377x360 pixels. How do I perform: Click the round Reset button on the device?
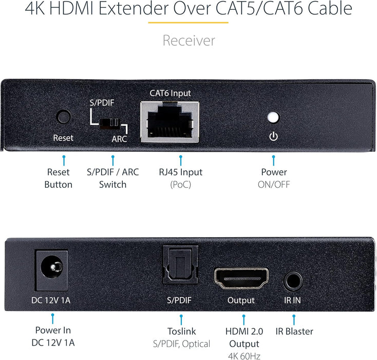tap(64, 116)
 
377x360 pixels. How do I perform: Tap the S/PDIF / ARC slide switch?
tap(110, 123)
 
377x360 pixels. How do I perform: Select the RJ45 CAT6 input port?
tap(170, 121)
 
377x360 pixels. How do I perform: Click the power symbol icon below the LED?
tap(273, 137)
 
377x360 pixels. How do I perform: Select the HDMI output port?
tap(240, 278)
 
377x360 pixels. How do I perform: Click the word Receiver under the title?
tap(188, 41)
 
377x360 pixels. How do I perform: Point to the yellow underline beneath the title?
tap(188, 23)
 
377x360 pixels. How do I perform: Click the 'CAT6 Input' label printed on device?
tap(170, 93)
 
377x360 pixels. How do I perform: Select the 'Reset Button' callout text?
tap(59, 178)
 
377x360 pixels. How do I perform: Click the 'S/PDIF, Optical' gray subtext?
tap(181, 344)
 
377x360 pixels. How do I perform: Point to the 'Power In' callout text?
tap(53, 330)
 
